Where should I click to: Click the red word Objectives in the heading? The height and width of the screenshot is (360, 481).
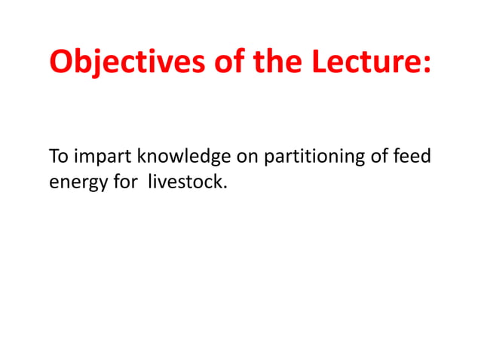point(119,62)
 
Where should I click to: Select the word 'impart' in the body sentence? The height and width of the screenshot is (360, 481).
point(98,158)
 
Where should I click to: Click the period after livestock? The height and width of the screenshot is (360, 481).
point(225,187)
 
